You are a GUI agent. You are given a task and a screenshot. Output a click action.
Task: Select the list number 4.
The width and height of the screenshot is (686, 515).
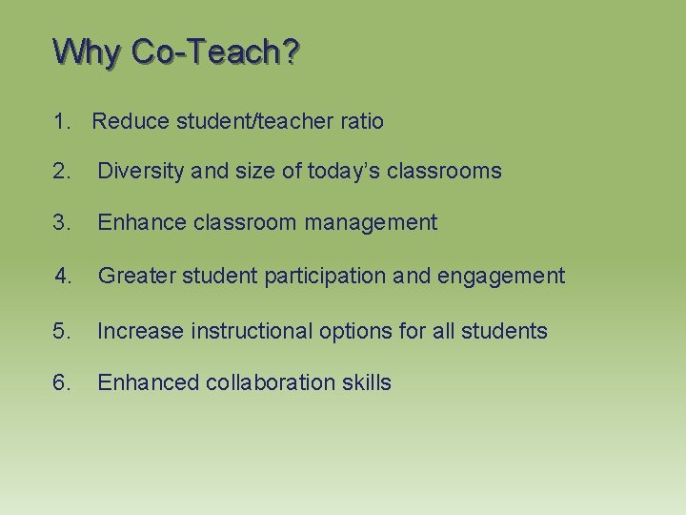point(64,276)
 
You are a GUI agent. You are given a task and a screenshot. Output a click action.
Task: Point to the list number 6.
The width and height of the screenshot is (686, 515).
point(63,382)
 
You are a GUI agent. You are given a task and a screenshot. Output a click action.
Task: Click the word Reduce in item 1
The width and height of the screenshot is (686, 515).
point(129,121)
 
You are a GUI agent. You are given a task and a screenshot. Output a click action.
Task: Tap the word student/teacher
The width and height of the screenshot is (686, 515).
point(251,121)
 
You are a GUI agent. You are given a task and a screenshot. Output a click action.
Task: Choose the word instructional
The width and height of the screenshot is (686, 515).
point(251,331)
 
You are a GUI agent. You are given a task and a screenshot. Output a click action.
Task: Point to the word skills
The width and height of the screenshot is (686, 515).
point(367,382)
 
